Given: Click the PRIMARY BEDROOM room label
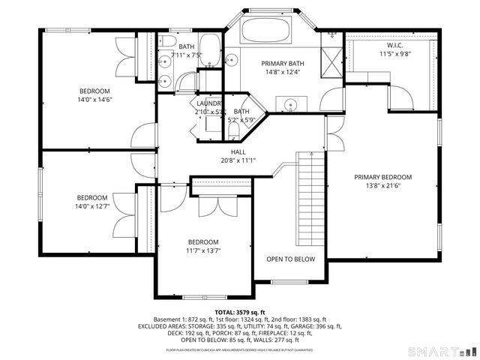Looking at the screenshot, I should pos(383,178).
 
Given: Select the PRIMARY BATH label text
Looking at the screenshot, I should pos(281,64).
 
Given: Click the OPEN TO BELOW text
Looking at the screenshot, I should pos(291,259).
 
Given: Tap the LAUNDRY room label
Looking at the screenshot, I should pos(209,103).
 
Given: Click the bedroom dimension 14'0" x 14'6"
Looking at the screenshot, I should pos(94,79).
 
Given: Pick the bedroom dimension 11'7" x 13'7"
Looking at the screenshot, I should pos(202,250).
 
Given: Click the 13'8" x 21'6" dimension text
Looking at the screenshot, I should pos(383,187).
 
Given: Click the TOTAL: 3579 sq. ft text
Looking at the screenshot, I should pos(239,311).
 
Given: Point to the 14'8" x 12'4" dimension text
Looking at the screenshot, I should pos(281,73).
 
